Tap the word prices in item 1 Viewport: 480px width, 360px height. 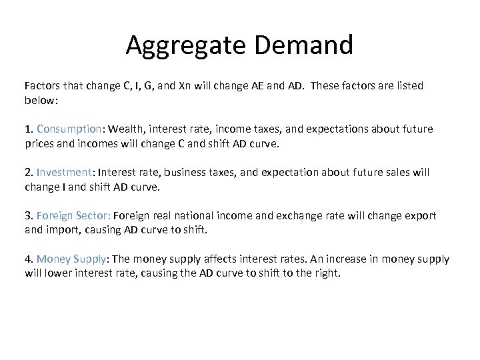[40, 143]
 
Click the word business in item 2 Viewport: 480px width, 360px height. [188, 173]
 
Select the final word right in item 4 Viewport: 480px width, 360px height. [326, 273]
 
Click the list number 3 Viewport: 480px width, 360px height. [29, 216]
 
